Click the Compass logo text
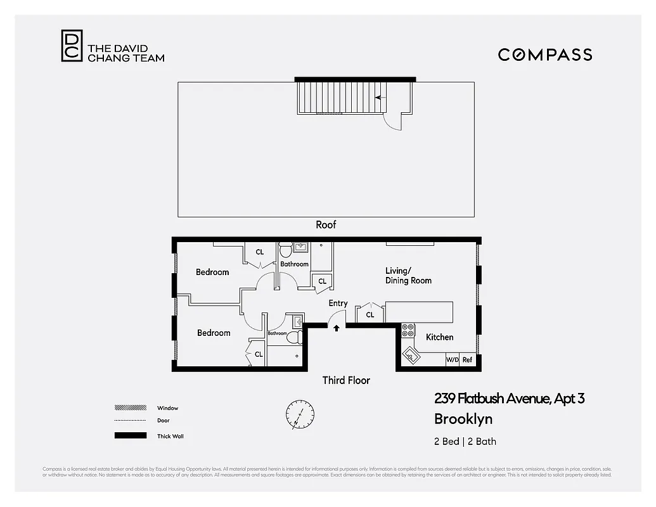[544, 55]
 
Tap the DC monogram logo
[72, 46]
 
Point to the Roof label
[326, 224]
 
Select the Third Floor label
[345, 380]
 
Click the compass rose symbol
[299, 414]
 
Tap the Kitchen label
[439, 337]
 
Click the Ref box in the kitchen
[467, 360]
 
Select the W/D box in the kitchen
[452, 360]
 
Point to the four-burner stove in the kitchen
[408, 330]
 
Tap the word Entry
[338, 304]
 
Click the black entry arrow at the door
[336, 328]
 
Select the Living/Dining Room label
[408, 276]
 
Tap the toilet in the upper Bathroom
[285, 248]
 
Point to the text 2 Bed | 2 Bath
[465, 442]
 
